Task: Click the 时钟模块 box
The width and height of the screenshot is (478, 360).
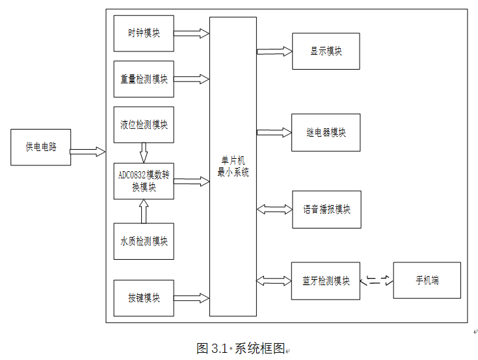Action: [x=144, y=33]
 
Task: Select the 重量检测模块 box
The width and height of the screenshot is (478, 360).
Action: [x=144, y=79]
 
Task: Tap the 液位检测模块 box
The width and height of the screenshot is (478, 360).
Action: [x=144, y=124]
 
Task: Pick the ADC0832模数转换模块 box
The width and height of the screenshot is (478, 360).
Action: [x=144, y=181]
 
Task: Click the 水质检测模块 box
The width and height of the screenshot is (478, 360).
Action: [x=144, y=241]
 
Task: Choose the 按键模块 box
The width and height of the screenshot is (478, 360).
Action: [x=144, y=298]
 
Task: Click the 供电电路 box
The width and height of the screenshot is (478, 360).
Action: [x=41, y=147]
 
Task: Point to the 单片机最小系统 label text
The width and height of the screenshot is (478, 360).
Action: [x=233, y=167]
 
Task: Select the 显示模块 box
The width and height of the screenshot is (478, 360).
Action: [x=326, y=51]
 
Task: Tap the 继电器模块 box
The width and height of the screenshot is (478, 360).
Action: [x=326, y=133]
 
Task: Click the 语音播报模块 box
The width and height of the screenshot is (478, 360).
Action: [x=326, y=210]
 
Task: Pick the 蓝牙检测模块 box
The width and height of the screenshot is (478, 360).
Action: [x=326, y=281]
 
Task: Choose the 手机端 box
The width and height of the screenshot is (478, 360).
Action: [x=427, y=281]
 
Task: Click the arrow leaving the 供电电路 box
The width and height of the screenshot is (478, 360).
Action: [x=88, y=152]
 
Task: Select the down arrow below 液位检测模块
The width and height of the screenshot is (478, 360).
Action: [x=144, y=152]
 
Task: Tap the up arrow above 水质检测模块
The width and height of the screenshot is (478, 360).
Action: [x=144, y=212]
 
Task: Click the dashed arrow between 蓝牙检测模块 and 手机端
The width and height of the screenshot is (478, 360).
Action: [x=377, y=281]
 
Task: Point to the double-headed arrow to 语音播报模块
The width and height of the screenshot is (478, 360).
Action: [x=274, y=210]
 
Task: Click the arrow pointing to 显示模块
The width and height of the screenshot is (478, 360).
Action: [x=274, y=51]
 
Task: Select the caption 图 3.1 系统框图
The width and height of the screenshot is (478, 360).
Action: [x=241, y=348]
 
